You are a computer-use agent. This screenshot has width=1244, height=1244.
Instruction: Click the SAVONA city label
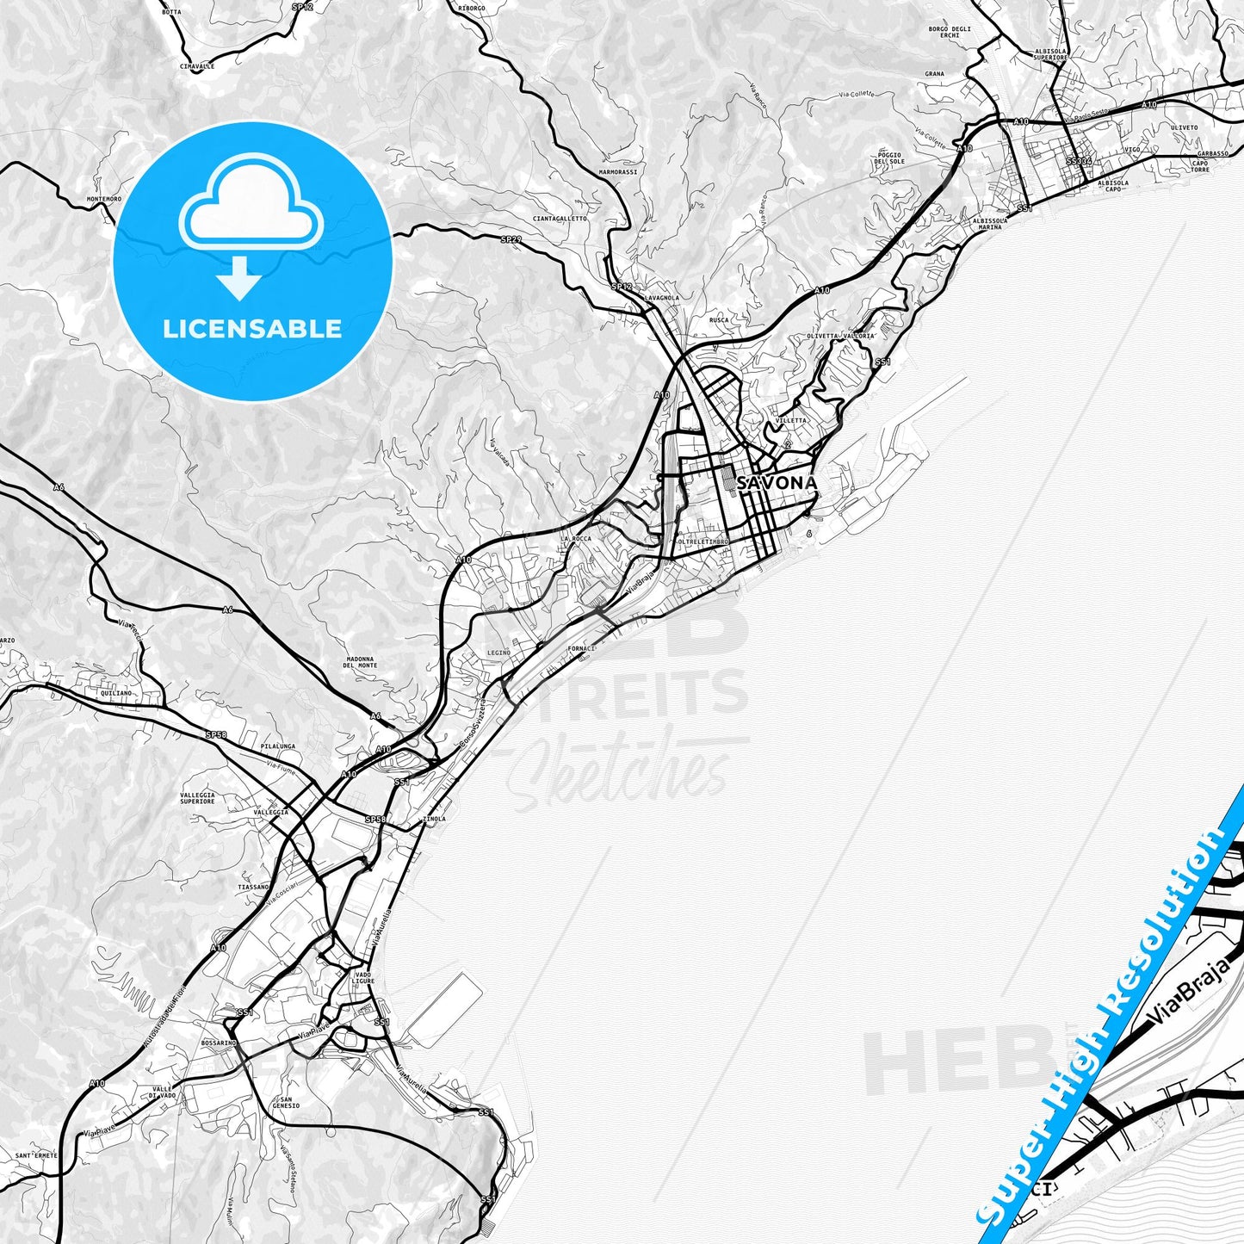776,483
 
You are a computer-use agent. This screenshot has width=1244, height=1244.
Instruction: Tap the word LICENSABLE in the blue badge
252,329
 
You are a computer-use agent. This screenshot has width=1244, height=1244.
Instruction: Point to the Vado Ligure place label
362,978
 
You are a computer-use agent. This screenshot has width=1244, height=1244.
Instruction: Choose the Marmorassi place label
618,172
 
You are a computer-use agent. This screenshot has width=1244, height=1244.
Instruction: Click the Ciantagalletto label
560,219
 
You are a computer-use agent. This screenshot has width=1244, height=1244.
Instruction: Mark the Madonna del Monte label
360,661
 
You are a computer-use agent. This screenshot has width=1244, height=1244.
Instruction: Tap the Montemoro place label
104,199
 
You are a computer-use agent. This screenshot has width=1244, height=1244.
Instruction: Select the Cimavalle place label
197,65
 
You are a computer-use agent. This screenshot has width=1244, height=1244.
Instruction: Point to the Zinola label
435,819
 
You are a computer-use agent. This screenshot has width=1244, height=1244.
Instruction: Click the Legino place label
498,653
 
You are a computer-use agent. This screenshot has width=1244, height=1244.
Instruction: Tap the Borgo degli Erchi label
950,33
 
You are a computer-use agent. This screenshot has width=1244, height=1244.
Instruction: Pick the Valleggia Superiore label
198,798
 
